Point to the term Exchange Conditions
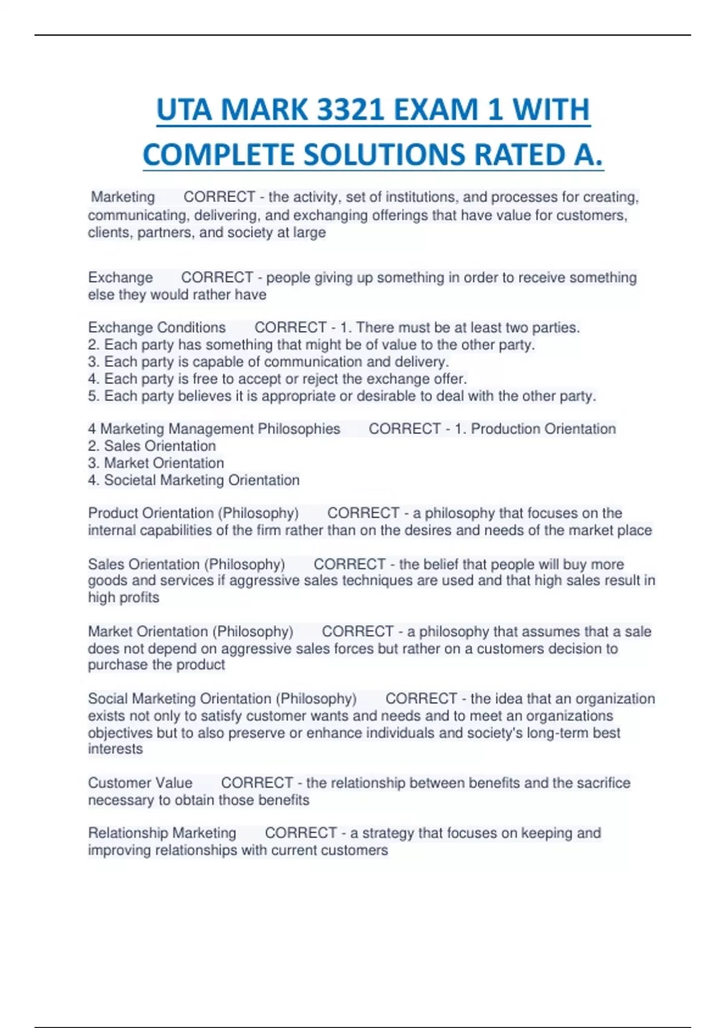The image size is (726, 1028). click(157, 328)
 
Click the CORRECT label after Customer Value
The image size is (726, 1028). click(257, 783)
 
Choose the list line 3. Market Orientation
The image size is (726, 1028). click(156, 463)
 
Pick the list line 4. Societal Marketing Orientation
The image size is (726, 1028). click(194, 480)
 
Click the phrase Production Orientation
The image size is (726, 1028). click(543, 429)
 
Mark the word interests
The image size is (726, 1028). click(116, 749)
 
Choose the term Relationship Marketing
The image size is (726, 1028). click(162, 833)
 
